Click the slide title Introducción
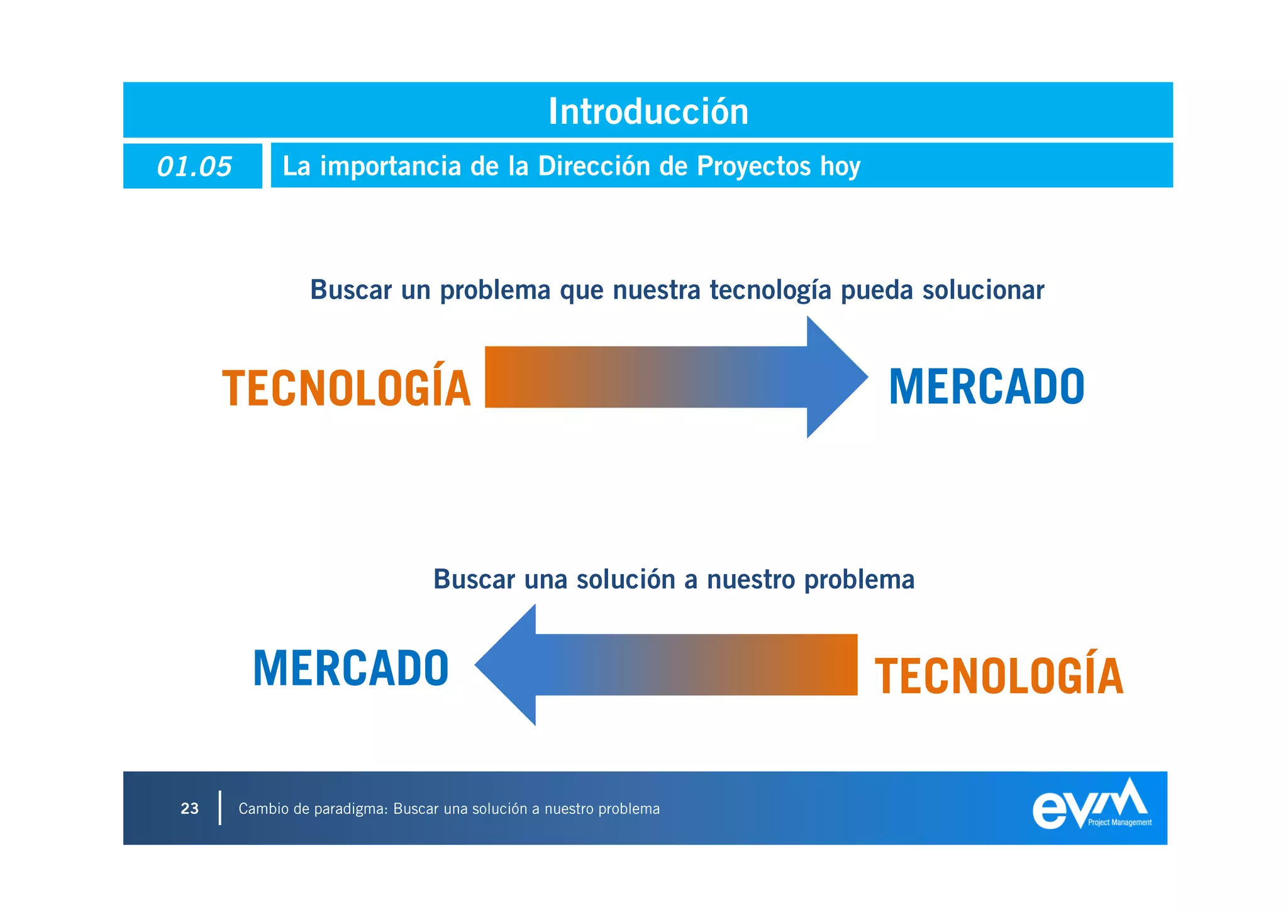[x=648, y=111]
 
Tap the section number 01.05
[x=194, y=167]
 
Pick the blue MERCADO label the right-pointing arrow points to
[x=986, y=386]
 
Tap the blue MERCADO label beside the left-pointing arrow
[x=350, y=668]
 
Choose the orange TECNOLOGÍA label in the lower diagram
[x=998, y=675]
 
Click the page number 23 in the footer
[x=189, y=809]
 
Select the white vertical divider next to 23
[x=219, y=808]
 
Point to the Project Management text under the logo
[x=1119, y=823]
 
